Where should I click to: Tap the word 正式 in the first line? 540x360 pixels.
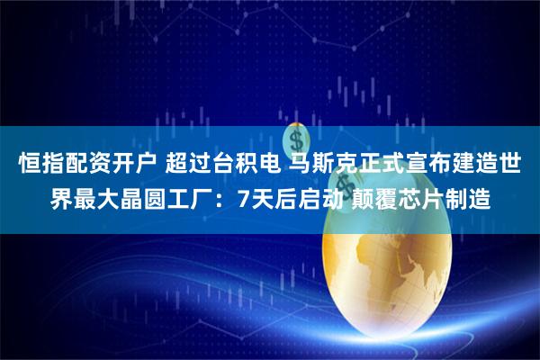(383, 165)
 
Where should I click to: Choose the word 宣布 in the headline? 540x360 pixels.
(428, 165)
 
